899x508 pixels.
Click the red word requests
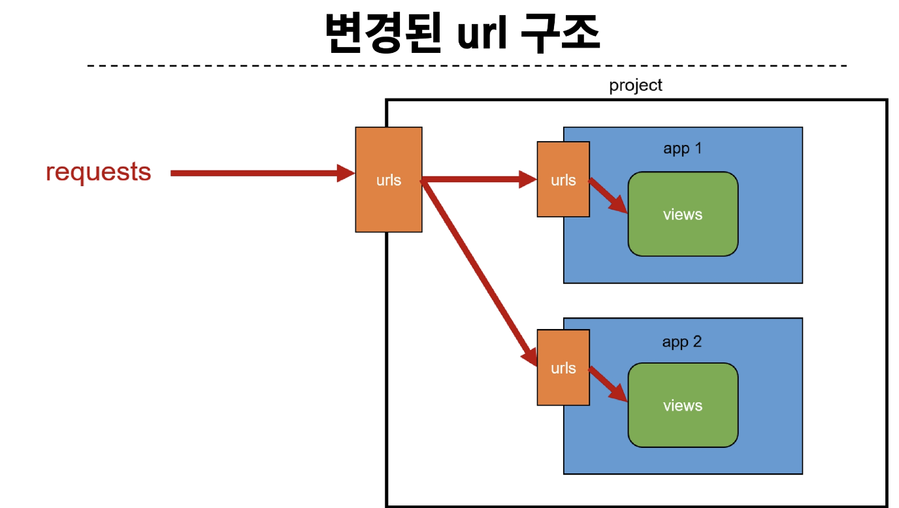[x=98, y=173]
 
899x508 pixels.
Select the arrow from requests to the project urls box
[x=263, y=173]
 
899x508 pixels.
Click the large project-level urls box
[x=389, y=180]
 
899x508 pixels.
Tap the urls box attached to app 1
[x=563, y=179]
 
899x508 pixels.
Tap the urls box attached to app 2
[x=563, y=368]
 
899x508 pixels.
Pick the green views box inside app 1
[x=683, y=214]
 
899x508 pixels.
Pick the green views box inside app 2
[x=683, y=405]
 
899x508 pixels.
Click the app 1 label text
[x=682, y=149]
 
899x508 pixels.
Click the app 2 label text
[x=682, y=342]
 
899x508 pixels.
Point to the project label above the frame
[x=635, y=86]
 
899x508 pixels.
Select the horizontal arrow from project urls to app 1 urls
[x=479, y=179]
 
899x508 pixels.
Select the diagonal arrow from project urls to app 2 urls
[x=479, y=274]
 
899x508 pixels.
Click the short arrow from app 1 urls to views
[x=608, y=197]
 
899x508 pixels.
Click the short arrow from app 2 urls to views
[x=608, y=384]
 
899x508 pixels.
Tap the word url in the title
[x=482, y=33]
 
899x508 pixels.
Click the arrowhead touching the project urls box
[x=346, y=173]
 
